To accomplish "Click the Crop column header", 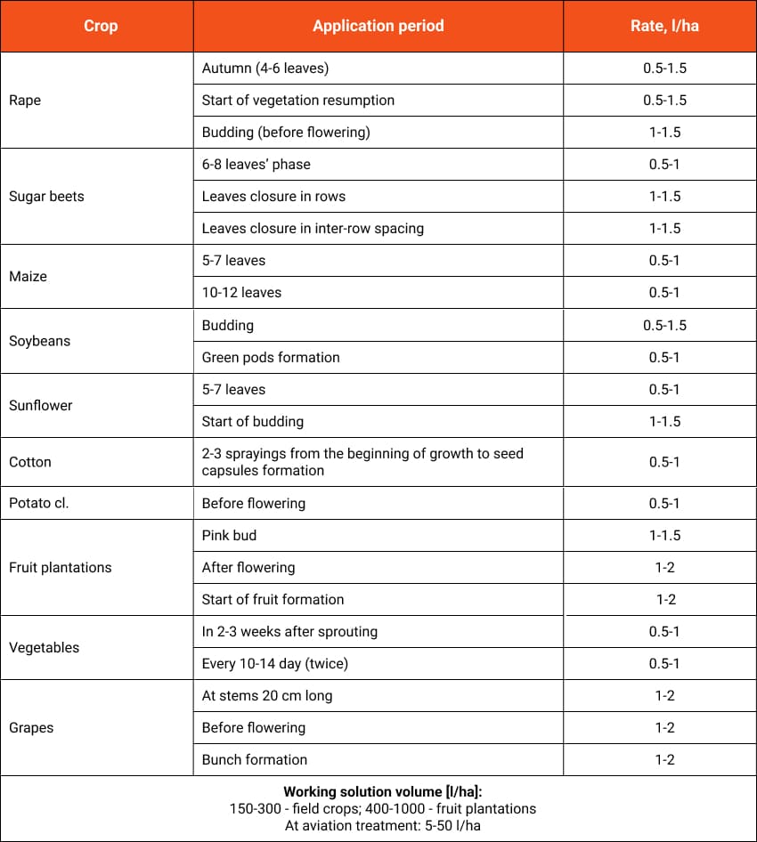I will (x=101, y=26).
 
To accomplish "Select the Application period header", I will (x=378, y=26).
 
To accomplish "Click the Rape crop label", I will (x=25, y=101).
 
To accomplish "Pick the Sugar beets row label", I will (x=46, y=197).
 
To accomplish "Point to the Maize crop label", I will (x=28, y=277).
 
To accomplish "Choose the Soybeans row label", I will (x=39, y=341).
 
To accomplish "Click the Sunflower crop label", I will (x=41, y=405).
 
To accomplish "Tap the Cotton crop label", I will (x=30, y=462).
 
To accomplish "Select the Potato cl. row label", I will (x=38, y=503).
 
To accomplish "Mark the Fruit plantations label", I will (x=61, y=567).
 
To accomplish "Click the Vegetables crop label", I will (x=44, y=647).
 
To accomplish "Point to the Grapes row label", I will (x=31, y=727).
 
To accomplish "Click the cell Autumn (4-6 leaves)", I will (x=265, y=69).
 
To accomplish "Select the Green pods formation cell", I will (x=271, y=357).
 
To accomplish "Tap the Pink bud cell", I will (x=229, y=535).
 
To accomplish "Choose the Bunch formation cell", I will (x=255, y=759).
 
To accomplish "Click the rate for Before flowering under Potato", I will (x=664, y=503).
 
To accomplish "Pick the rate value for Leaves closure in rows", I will (x=664, y=197).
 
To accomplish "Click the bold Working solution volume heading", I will (x=378, y=792).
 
